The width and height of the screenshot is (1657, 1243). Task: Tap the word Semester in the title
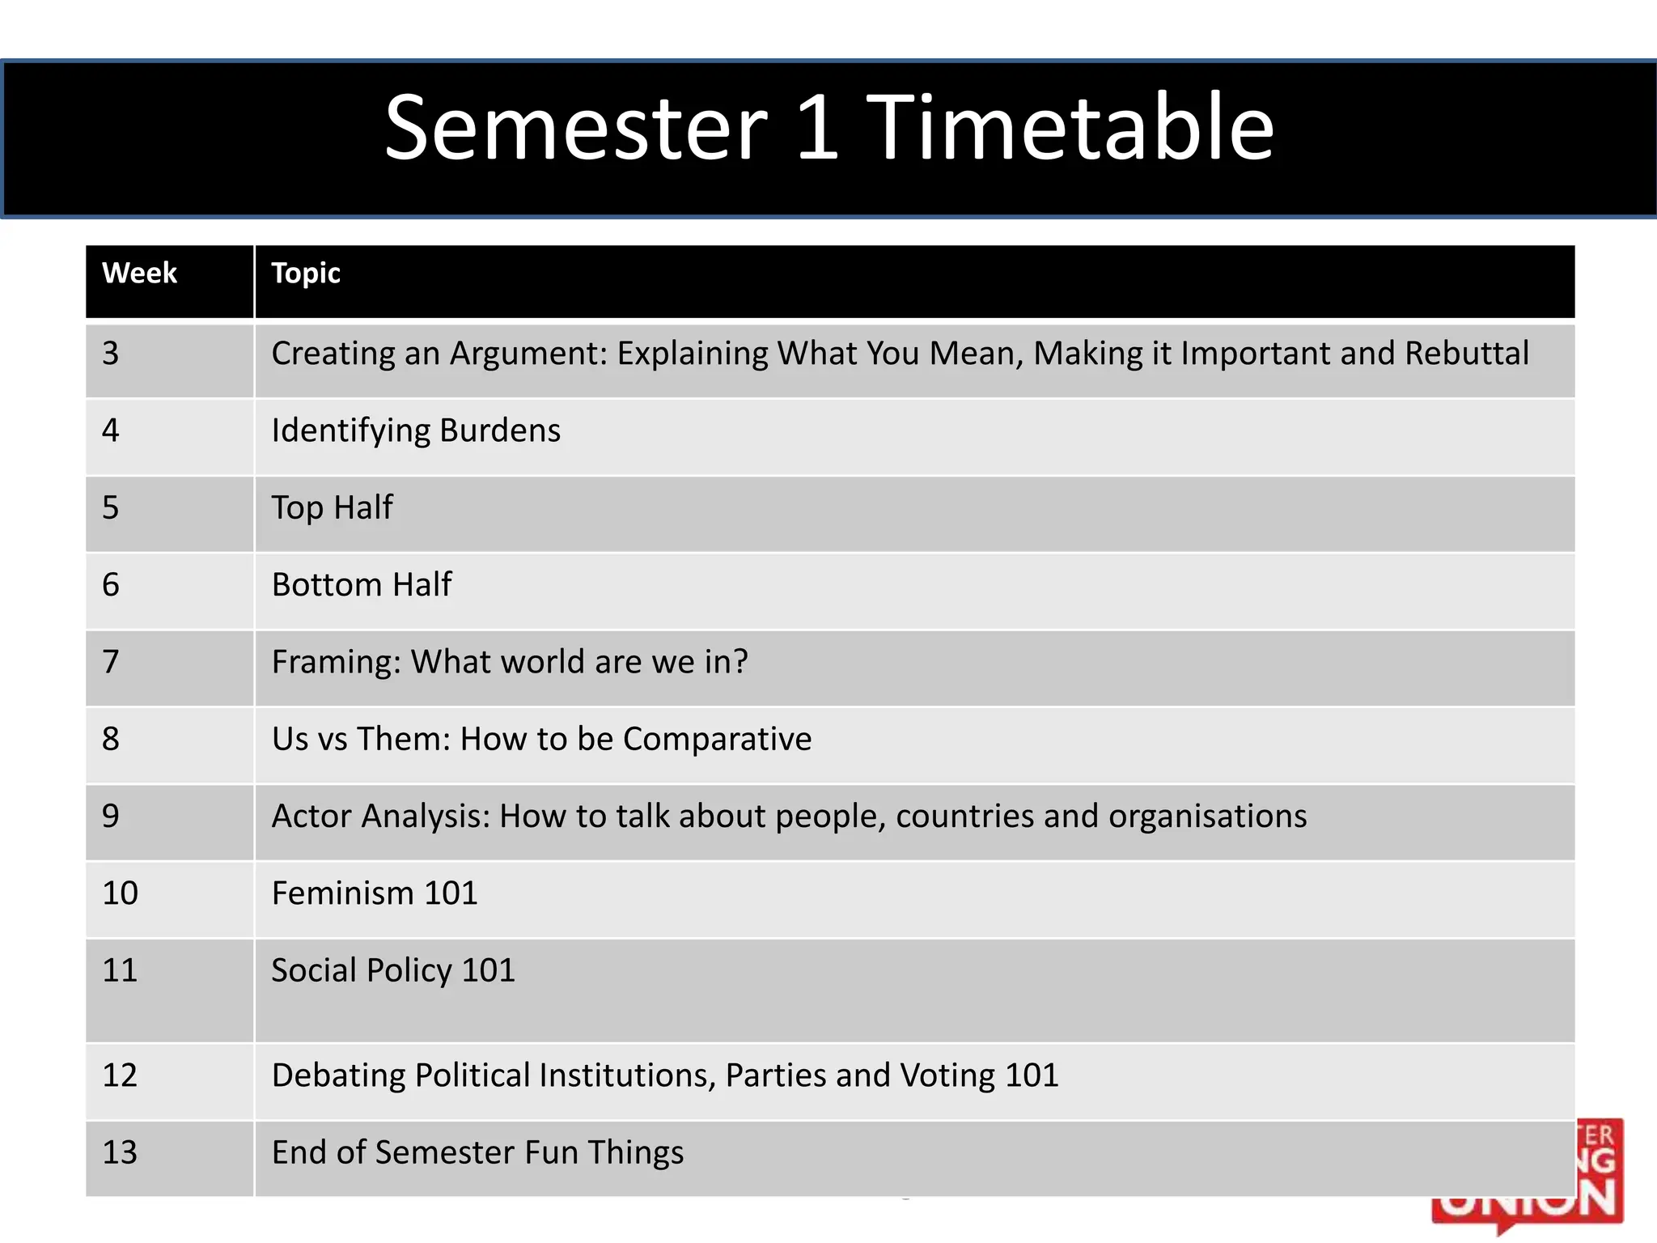pyautogui.click(x=575, y=128)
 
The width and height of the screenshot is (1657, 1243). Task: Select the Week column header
pyautogui.click(x=139, y=274)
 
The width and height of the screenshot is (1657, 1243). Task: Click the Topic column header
pyautogui.click(x=306, y=274)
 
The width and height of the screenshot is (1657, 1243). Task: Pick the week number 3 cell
pyautogui.click(x=111, y=354)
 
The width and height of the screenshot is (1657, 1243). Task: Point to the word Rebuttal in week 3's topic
pyautogui.click(x=1466, y=354)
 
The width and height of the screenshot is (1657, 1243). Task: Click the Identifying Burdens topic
pyautogui.click(x=416, y=431)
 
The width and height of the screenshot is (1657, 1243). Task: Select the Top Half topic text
pyautogui.click(x=332, y=508)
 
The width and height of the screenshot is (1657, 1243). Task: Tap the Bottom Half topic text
pyautogui.click(x=362, y=585)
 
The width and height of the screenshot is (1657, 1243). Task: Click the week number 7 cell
pyautogui.click(x=111, y=662)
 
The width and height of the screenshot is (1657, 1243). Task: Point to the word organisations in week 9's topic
pyautogui.click(x=1207, y=817)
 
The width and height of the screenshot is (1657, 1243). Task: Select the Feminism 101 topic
pyautogui.click(x=375, y=893)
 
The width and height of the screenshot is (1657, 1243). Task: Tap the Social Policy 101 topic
pyautogui.click(x=393, y=970)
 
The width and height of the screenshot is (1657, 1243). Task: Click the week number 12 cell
pyautogui.click(x=120, y=1075)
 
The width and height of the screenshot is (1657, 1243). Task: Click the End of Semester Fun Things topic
pyautogui.click(x=477, y=1152)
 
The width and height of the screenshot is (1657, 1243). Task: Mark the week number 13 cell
pyautogui.click(x=120, y=1152)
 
